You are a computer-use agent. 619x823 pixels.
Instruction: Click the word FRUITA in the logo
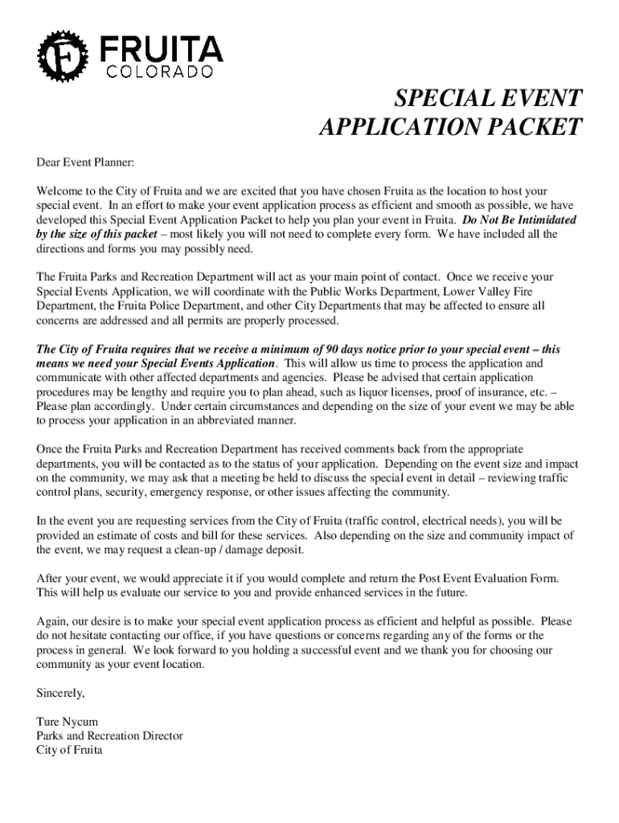pyautogui.click(x=161, y=50)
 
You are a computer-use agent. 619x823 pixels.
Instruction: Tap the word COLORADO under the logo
pyautogui.click(x=161, y=72)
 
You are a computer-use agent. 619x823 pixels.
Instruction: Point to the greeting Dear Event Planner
pyautogui.click(x=84, y=163)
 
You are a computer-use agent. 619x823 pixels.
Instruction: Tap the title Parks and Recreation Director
pyautogui.click(x=109, y=735)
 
